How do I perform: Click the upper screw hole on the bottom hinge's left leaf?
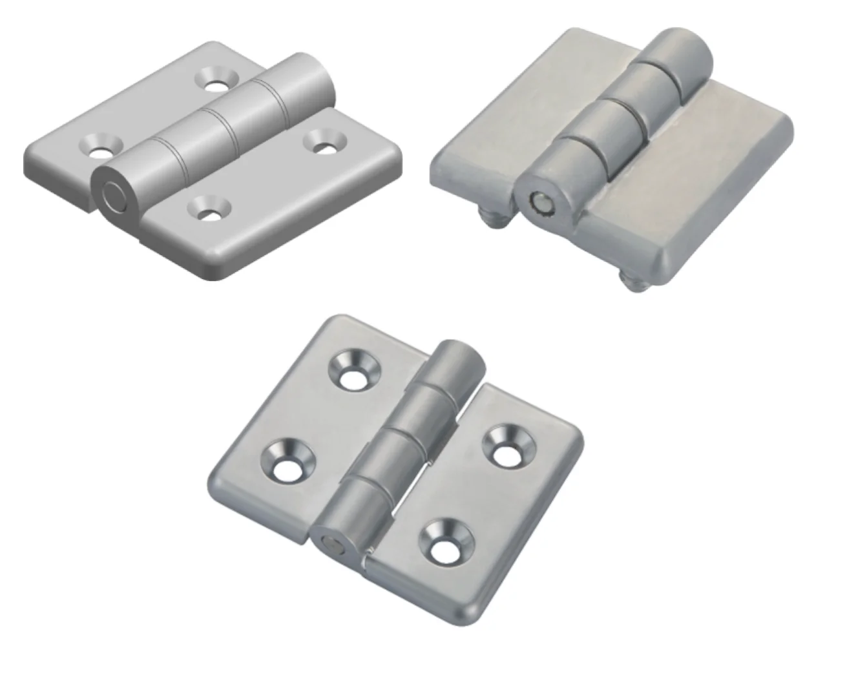pyautogui.click(x=353, y=373)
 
